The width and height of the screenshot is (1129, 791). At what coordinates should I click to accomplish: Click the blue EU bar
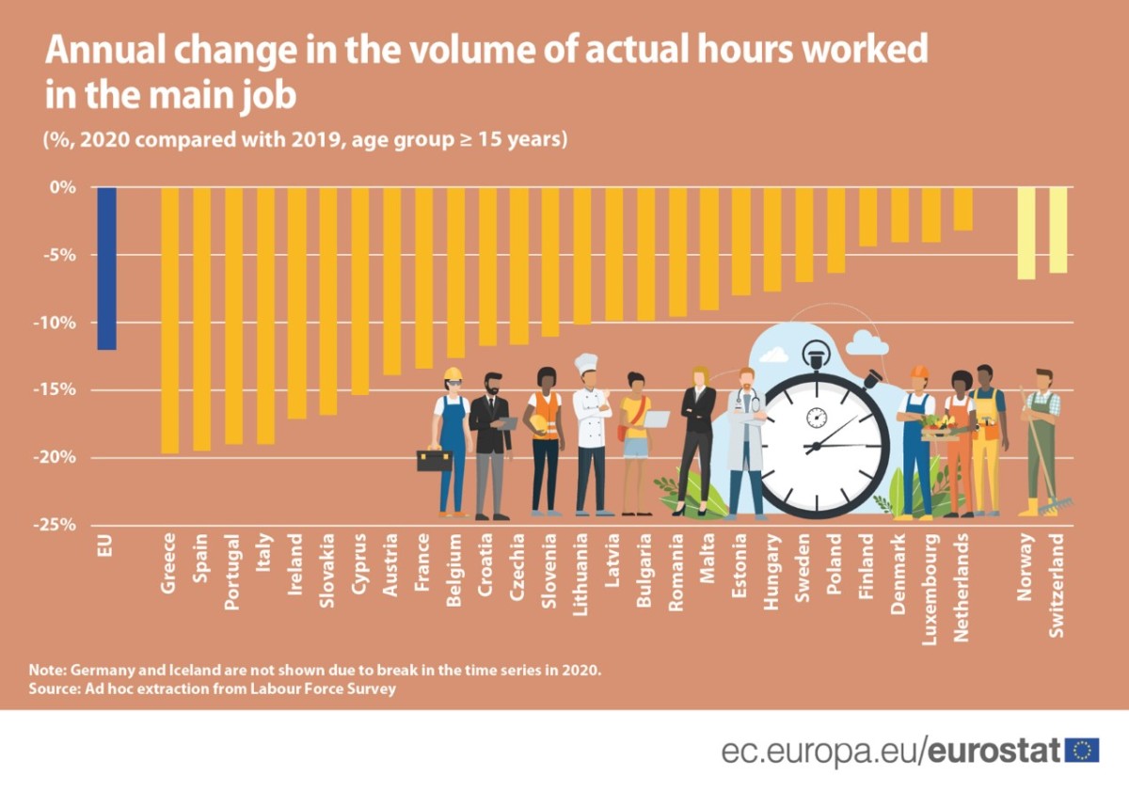[x=106, y=268]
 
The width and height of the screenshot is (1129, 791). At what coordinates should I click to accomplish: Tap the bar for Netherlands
[x=962, y=209]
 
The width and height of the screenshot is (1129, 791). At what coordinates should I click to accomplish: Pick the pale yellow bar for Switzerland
[x=1058, y=230]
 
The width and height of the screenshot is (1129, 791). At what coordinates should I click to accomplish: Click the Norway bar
[x=1026, y=233]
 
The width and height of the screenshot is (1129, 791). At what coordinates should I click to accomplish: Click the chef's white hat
[x=586, y=363]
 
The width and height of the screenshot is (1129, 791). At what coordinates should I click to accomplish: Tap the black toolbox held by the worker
[x=434, y=460]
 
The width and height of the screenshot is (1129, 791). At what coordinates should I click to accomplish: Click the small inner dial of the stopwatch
[x=817, y=417]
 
